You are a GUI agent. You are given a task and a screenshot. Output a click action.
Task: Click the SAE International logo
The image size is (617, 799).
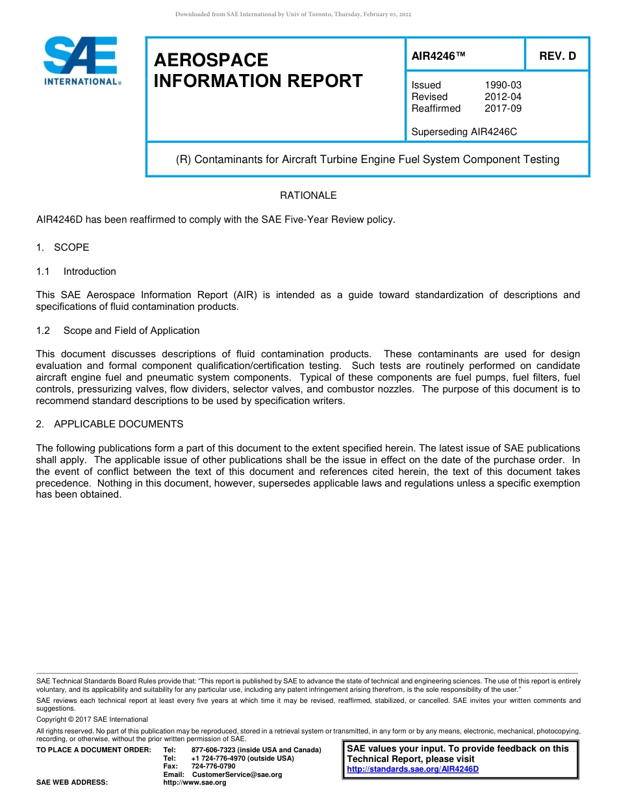pyautogui.click(x=82, y=61)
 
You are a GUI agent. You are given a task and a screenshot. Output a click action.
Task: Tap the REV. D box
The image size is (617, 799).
pyautogui.click(x=557, y=57)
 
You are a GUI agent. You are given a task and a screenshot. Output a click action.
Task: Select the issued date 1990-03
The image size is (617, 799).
pyautogui.click(x=503, y=85)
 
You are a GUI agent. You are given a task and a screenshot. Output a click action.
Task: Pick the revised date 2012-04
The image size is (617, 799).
pyautogui.click(x=503, y=97)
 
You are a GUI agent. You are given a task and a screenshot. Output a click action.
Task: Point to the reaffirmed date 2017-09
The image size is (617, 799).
pyautogui.click(x=503, y=108)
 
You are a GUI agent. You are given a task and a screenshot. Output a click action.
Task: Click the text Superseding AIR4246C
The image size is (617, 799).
pyautogui.click(x=464, y=132)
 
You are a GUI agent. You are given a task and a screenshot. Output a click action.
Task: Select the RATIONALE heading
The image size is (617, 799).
pyautogui.click(x=308, y=196)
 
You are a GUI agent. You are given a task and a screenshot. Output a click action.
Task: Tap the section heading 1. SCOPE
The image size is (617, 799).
pyautogui.click(x=63, y=247)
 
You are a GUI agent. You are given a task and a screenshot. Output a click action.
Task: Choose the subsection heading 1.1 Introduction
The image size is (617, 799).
pyautogui.click(x=77, y=272)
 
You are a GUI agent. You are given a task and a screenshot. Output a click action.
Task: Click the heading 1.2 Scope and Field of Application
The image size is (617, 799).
pyautogui.click(x=118, y=331)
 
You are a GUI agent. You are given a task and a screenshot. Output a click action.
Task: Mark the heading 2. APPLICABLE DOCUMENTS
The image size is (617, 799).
pyautogui.click(x=110, y=424)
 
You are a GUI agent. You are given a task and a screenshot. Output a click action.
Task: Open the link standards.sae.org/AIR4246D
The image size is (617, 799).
pyautogui.click(x=412, y=770)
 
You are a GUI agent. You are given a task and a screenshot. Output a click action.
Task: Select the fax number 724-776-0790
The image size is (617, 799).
pyautogui.click(x=214, y=767)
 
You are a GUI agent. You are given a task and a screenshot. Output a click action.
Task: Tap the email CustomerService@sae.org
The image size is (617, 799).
pyautogui.click(x=237, y=775)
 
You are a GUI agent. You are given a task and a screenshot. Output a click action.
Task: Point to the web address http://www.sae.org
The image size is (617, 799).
pyautogui.click(x=195, y=783)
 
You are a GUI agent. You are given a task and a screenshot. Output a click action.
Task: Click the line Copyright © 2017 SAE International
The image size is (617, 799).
pyautogui.click(x=92, y=720)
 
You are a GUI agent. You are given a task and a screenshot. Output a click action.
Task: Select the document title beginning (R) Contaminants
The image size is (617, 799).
pyautogui.click(x=368, y=160)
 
